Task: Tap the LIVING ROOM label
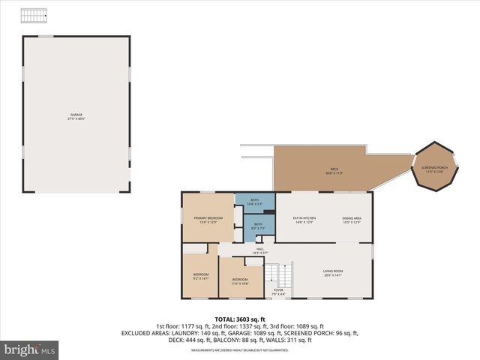point(332,273)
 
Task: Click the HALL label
point(260,250)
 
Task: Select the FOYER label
point(278,292)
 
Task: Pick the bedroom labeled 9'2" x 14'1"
point(201,276)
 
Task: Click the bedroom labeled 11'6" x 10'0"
point(239,280)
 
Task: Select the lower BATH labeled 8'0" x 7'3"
point(257,226)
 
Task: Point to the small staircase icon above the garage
point(33,16)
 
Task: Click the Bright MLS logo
point(30,349)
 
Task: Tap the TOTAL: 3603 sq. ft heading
point(239,319)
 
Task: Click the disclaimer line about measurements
point(239,350)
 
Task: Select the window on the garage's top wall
point(46,36)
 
